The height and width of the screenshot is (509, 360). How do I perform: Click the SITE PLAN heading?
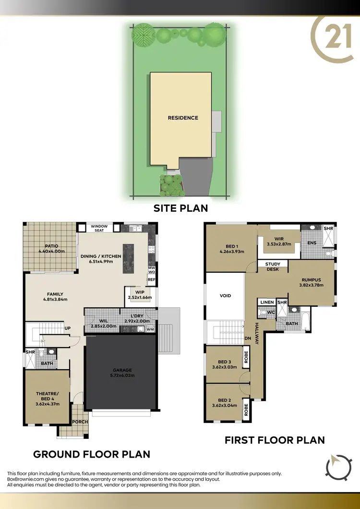[x=180, y=208]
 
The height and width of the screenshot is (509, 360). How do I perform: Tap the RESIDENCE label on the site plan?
[x=182, y=118]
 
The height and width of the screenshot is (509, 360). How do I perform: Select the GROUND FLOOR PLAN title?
[x=91, y=454]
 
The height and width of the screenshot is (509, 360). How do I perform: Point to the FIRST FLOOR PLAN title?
[x=275, y=439]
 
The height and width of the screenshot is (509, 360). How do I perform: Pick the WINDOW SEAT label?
[x=99, y=228]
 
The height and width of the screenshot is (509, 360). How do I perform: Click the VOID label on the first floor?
[x=225, y=296]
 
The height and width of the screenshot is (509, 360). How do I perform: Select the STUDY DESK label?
[x=273, y=267]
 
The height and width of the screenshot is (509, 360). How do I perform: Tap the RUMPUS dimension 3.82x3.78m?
[x=311, y=285]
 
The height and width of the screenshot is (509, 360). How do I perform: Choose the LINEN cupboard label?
[x=267, y=303]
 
